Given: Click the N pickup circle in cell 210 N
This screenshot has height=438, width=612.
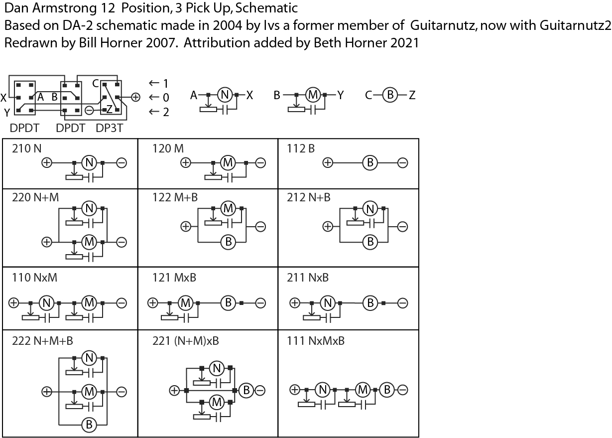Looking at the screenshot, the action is click(89, 162).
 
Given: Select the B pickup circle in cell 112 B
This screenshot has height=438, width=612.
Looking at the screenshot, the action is click(370, 162).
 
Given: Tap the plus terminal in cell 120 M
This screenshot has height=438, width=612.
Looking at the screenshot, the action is click(185, 162).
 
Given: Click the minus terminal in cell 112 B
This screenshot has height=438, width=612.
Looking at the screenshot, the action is click(403, 162).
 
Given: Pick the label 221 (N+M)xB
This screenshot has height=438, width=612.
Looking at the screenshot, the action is click(186, 341).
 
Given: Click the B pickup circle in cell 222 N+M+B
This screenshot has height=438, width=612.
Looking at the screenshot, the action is click(89, 425).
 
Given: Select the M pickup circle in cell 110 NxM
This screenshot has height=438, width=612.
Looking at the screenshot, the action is click(89, 302).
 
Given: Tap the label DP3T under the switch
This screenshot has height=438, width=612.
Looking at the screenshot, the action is click(110, 128).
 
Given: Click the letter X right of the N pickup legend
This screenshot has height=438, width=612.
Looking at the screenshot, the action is click(249, 95).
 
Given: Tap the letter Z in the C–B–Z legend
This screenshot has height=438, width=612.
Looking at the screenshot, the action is click(412, 95).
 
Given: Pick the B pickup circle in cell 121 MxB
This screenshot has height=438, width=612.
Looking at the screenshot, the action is click(228, 302).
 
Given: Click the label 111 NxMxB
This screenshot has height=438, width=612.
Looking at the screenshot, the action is click(316, 341).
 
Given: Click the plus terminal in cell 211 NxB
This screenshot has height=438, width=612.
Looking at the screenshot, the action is click(295, 302).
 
